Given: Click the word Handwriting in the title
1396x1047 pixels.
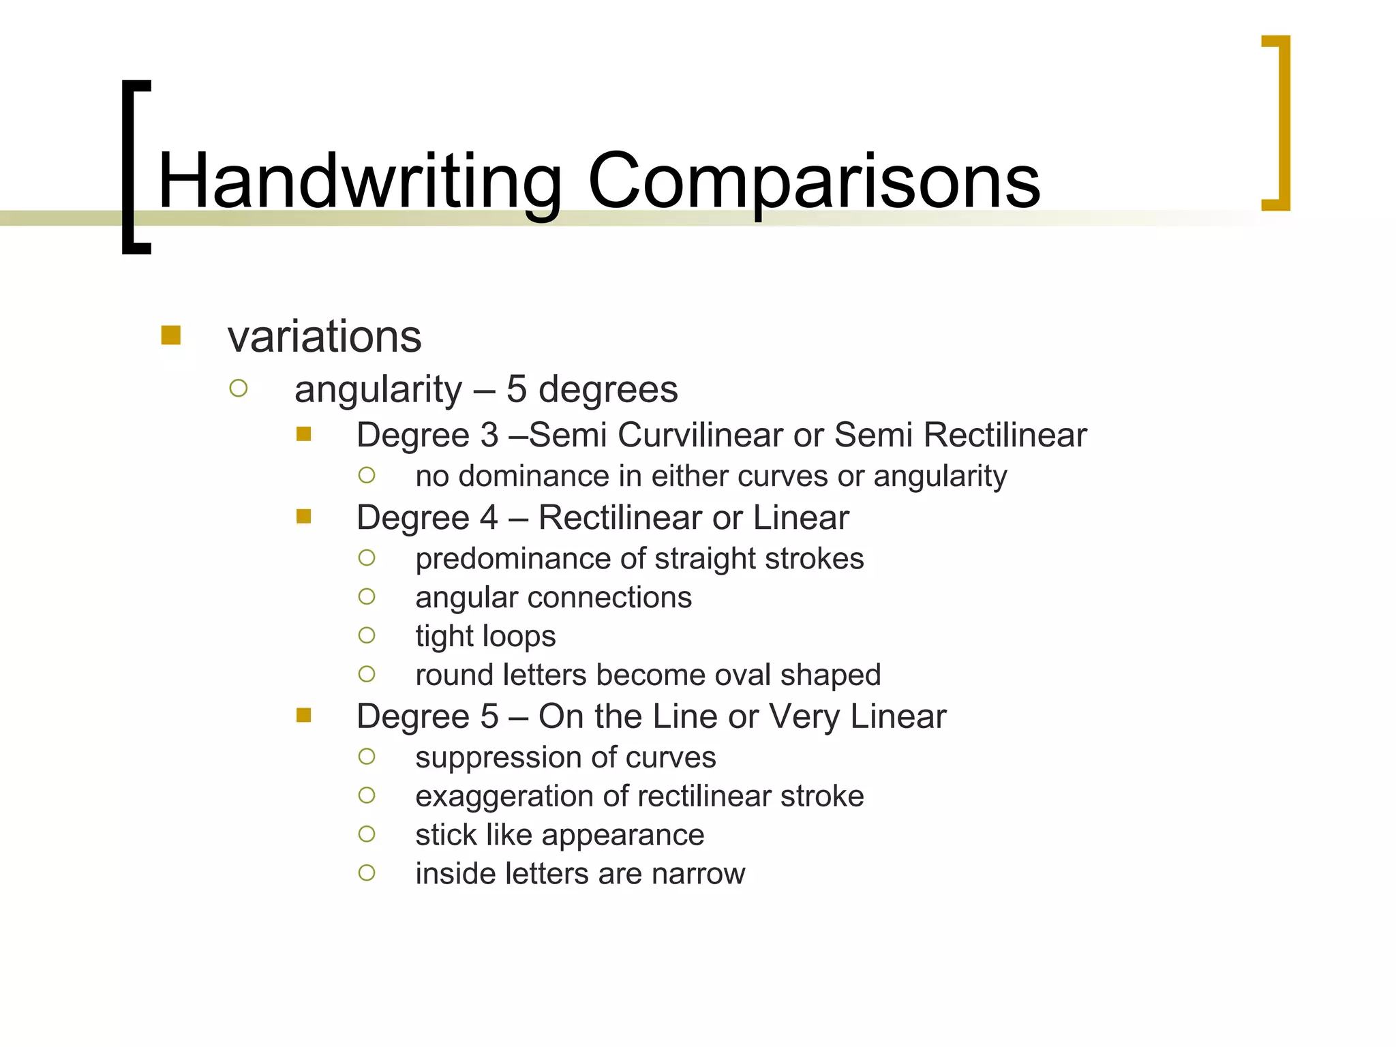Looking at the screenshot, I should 360,181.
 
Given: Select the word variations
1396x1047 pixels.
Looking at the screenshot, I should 324,337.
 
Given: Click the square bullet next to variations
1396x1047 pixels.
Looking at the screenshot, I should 170,335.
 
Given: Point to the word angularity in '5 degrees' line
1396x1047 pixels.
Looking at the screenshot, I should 378,390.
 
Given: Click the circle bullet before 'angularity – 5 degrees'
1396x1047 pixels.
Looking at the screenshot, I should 239,389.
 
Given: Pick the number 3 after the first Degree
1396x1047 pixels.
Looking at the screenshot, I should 489,435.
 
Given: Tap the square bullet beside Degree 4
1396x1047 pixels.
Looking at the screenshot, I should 304,517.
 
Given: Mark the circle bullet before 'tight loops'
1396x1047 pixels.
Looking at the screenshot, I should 367,635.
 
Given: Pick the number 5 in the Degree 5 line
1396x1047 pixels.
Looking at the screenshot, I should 489,716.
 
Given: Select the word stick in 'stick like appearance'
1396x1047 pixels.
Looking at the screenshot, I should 446,835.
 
